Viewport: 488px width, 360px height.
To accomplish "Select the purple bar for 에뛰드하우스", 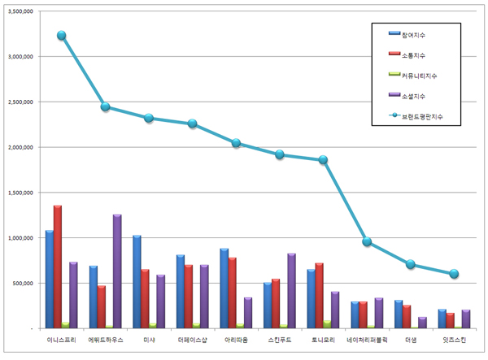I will point(117,271).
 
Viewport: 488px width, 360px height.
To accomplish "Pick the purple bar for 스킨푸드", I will point(291,290).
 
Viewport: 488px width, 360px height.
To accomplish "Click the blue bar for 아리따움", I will point(224,288).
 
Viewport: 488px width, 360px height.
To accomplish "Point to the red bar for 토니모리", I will point(320,295).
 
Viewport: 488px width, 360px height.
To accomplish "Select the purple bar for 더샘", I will point(422,322).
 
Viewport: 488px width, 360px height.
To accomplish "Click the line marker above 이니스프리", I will point(62,36).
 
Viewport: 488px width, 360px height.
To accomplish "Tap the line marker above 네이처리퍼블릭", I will point(367,241).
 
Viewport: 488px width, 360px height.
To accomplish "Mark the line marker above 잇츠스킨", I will point(454,274).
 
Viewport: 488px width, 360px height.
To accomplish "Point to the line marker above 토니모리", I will point(323,160).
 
